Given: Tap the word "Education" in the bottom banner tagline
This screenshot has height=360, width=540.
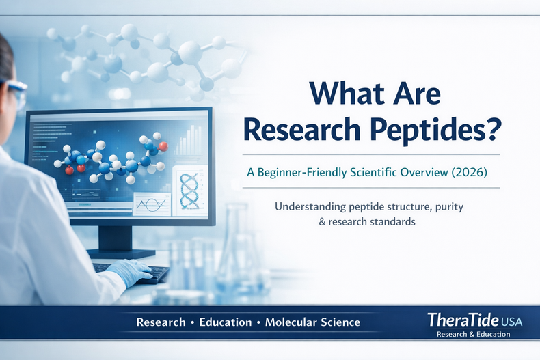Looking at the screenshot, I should tap(225, 322).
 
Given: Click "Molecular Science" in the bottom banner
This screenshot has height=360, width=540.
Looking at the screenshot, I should tap(312, 322).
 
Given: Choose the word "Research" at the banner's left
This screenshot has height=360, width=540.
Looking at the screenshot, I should tap(161, 322).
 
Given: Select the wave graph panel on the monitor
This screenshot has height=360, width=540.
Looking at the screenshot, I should tap(151, 204).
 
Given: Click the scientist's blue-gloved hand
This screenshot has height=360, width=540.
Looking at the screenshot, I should tap(131, 272).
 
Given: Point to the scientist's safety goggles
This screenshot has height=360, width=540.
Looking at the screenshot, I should tap(15, 92).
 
